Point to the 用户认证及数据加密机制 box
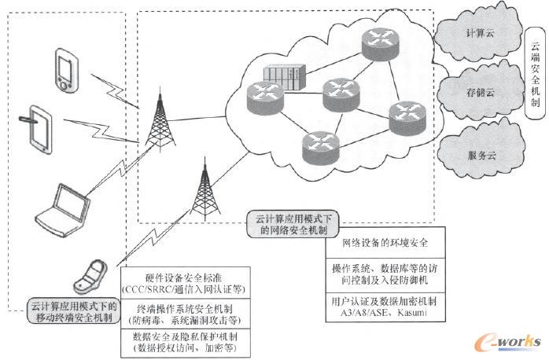coord(383,307)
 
